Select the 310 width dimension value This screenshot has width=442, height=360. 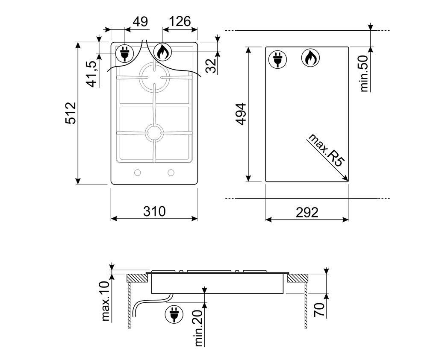point(154,211)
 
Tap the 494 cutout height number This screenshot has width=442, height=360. point(241,114)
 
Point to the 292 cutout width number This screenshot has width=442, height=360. point(307,212)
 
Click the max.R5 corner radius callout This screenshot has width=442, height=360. point(327,150)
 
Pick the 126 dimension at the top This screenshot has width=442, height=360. point(180,21)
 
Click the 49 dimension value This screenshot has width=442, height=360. point(140,21)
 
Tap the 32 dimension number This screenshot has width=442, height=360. point(212,66)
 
